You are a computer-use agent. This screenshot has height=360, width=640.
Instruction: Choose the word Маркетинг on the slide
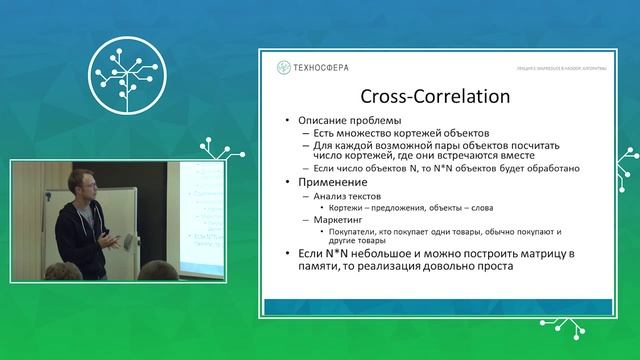point(339,218)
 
